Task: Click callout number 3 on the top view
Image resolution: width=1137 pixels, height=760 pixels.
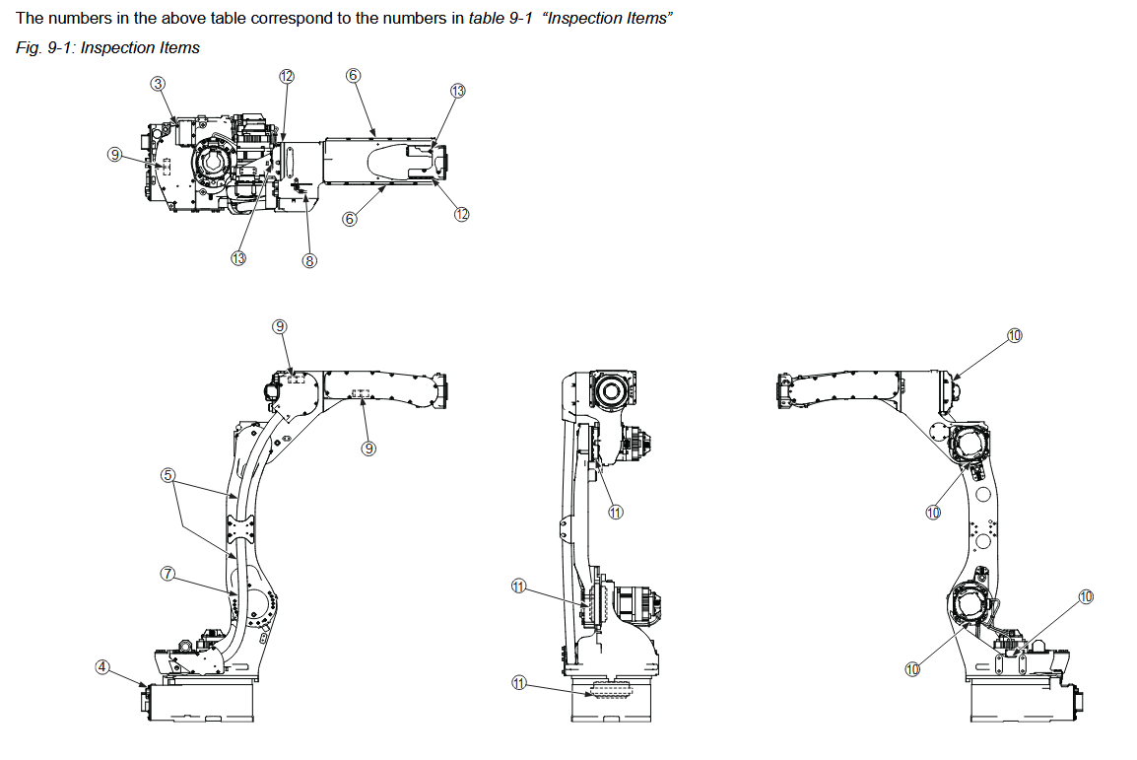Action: pos(158,84)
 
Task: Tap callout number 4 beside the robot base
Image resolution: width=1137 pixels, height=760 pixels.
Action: pos(102,665)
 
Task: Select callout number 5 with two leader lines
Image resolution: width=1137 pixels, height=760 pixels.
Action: pos(167,475)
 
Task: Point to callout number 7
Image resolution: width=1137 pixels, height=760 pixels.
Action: pos(167,573)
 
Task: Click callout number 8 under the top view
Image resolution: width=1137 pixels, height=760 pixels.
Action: pos(309,260)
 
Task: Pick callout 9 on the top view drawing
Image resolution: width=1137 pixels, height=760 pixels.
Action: pos(115,155)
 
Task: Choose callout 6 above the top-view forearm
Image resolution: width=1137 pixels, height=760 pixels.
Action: pos(354,75)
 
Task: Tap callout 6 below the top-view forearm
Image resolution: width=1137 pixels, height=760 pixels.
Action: pos(349,219)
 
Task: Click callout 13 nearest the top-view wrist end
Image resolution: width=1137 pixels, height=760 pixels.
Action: pos(457,90)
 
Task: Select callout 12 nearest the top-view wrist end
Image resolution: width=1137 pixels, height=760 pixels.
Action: pos(461,215)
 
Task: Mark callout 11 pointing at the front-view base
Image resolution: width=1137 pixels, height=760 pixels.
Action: pos(519,681)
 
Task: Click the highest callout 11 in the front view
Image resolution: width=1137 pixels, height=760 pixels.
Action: pos(616,512)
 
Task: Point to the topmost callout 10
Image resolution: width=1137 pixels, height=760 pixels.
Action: pos(1015,335)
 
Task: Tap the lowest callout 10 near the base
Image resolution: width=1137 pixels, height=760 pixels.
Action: pos(912,669)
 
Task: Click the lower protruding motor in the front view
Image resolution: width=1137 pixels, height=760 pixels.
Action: pos(635,602)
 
